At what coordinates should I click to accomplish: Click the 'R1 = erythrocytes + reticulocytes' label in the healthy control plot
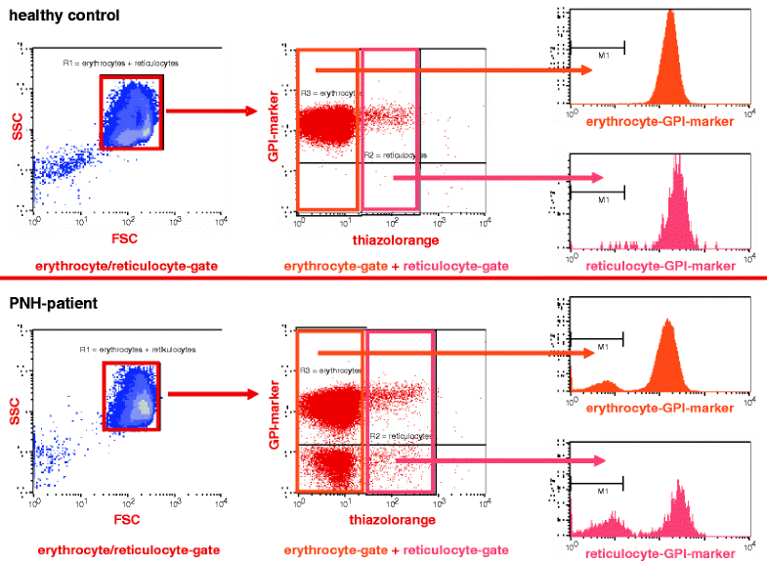pos(120,63)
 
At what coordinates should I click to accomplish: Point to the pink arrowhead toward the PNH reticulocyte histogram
pos(595,456)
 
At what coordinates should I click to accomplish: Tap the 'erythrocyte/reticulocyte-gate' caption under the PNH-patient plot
pos(128,550)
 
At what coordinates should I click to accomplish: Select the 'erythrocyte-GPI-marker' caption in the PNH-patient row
pos(656,407)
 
